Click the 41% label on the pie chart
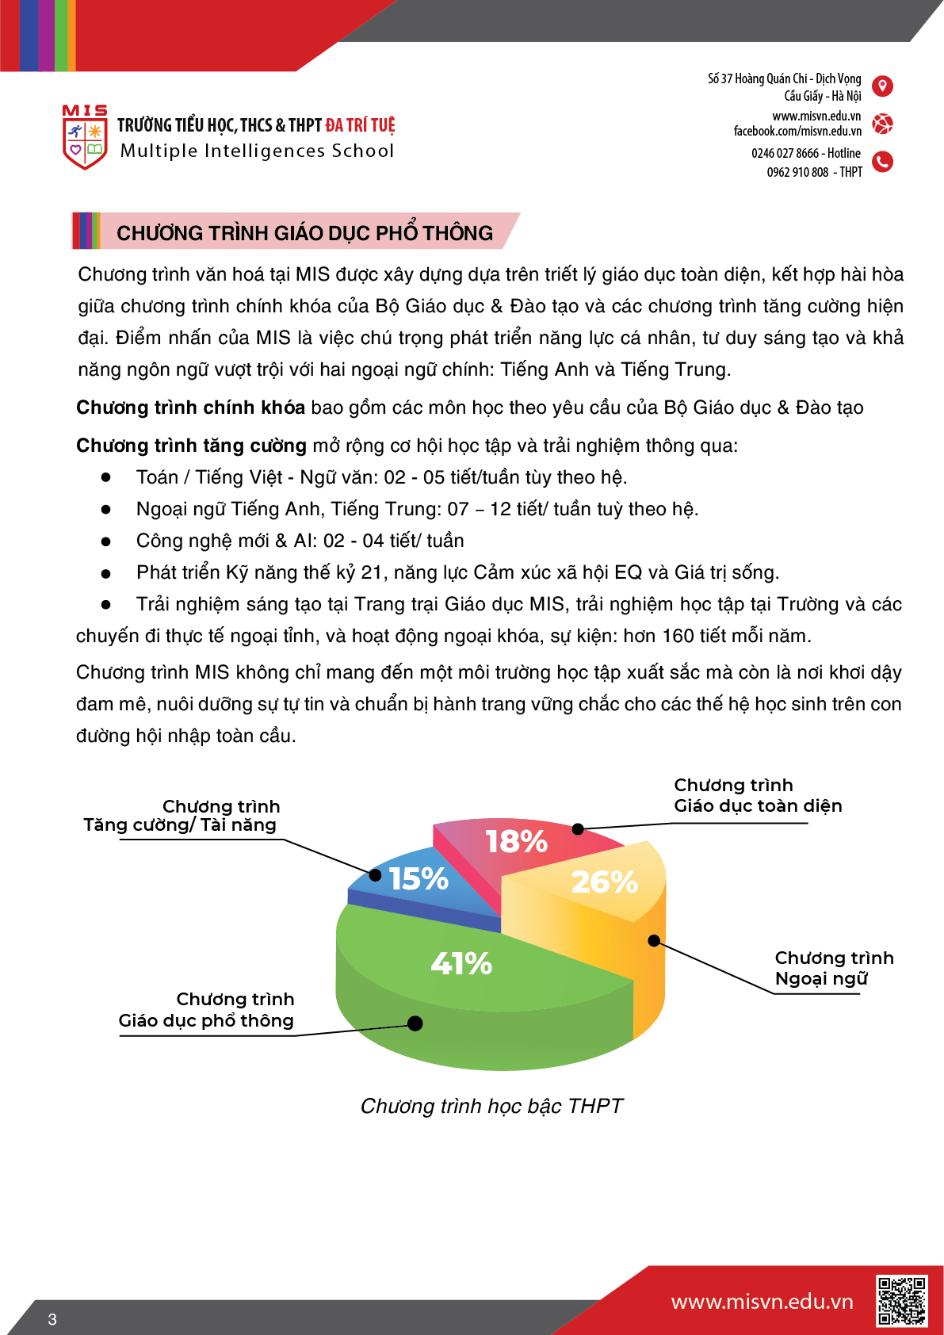(461, 963)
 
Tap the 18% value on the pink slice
(516, 841)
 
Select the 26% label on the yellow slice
(604, 882)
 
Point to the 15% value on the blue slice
(418, 878)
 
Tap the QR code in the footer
(901, 1300)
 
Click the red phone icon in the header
(882, 162)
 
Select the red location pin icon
(882, 86)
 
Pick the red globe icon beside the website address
(882, 124)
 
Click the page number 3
(52, 1319)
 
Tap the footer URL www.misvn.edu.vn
(762, 1302)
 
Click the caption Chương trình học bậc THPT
(491, 1106)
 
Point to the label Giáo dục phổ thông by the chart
(206, 1020)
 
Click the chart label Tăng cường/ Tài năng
(180, 824)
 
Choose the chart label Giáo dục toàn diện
(758, 805)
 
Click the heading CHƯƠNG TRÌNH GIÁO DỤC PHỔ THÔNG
(304, 232)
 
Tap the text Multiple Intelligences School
(257, 151)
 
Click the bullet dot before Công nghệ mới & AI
(105, 541)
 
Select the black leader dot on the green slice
(415, 1023)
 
